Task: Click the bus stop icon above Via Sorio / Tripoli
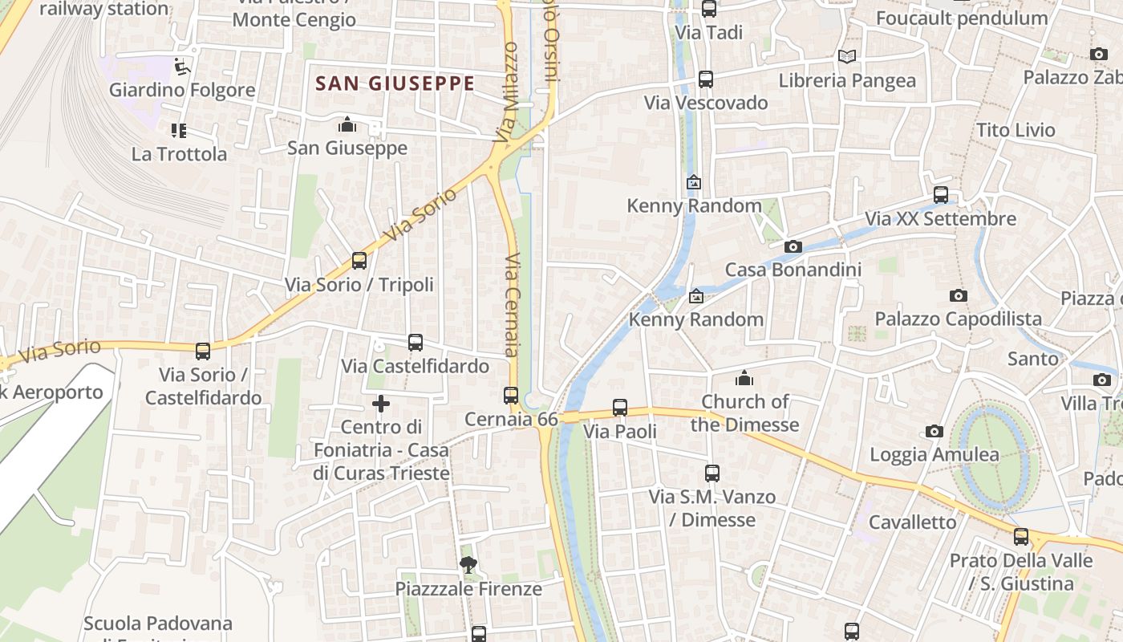[359, 261]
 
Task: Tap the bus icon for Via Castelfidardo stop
[416, 343]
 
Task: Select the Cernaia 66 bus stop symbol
[511, 396]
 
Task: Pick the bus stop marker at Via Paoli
[620, 408]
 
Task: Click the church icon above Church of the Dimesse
[744, 377]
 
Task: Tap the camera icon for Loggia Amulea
[934, 432]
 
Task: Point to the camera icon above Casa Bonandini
[793, 246]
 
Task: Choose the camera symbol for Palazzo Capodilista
[958, 296]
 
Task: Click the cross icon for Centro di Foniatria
[381, 403]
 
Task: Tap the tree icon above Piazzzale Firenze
[468, 565]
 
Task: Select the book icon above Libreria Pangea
[847, 56]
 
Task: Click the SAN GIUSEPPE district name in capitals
[395, 83]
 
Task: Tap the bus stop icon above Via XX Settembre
[941, 195]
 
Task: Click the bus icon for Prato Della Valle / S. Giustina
[1021, 536]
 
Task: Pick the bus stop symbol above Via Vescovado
[706, 79]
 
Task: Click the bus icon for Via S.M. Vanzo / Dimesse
[712, 473]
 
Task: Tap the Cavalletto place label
[913, 522]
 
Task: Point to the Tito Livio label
[1016, 130]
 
